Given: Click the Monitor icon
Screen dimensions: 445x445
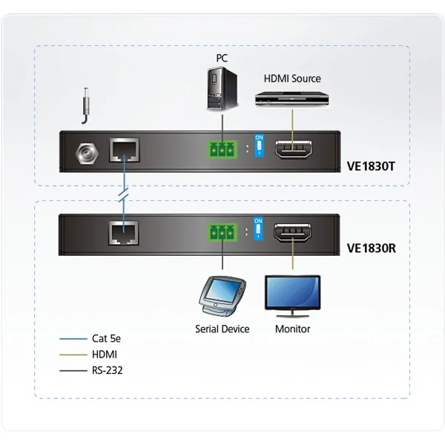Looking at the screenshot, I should (x=293, y=292).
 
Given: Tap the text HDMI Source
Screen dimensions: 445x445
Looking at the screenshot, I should (x=293, y=77).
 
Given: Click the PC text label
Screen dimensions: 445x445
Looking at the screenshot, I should (x=222, y=57).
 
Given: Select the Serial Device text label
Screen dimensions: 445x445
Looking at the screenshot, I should (x=222, y=329).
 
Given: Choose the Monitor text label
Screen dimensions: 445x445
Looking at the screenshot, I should (x=292, y=329).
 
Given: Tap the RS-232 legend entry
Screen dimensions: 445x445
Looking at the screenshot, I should (x=107, y=369).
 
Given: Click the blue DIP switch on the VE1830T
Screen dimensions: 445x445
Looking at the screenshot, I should (x=259, y=148).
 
